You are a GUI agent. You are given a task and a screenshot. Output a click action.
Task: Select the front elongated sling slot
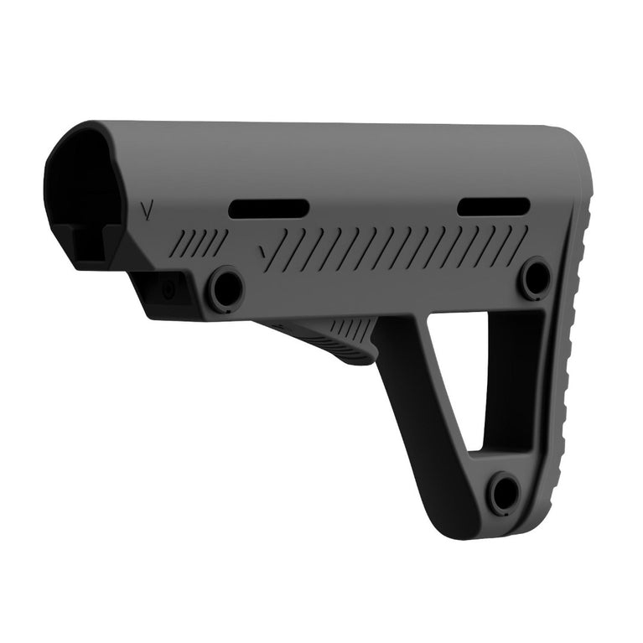point(268,209)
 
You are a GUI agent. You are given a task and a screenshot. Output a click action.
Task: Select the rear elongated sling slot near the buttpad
point(494,206)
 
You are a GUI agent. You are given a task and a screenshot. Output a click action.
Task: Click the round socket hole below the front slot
point(226,288)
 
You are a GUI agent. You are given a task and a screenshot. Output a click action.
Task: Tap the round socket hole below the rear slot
point(535,278)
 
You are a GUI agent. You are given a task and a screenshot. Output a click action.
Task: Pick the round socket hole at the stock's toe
point(503,492)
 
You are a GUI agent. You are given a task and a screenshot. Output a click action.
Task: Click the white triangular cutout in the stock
point(457,369)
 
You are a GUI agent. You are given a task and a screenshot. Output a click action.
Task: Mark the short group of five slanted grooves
point(199,243)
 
